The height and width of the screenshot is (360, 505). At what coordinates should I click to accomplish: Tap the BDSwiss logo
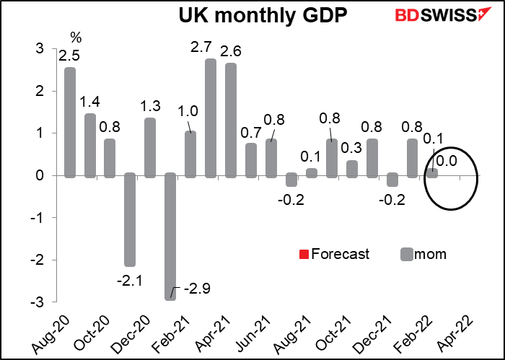pyautogui.click(x=424, y=16)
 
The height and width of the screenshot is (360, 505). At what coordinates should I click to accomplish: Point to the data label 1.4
pyautogui.click(x=90, y=100)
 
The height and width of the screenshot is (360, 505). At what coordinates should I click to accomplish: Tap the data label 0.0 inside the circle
pyautogui.click(x=448, y=160)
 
